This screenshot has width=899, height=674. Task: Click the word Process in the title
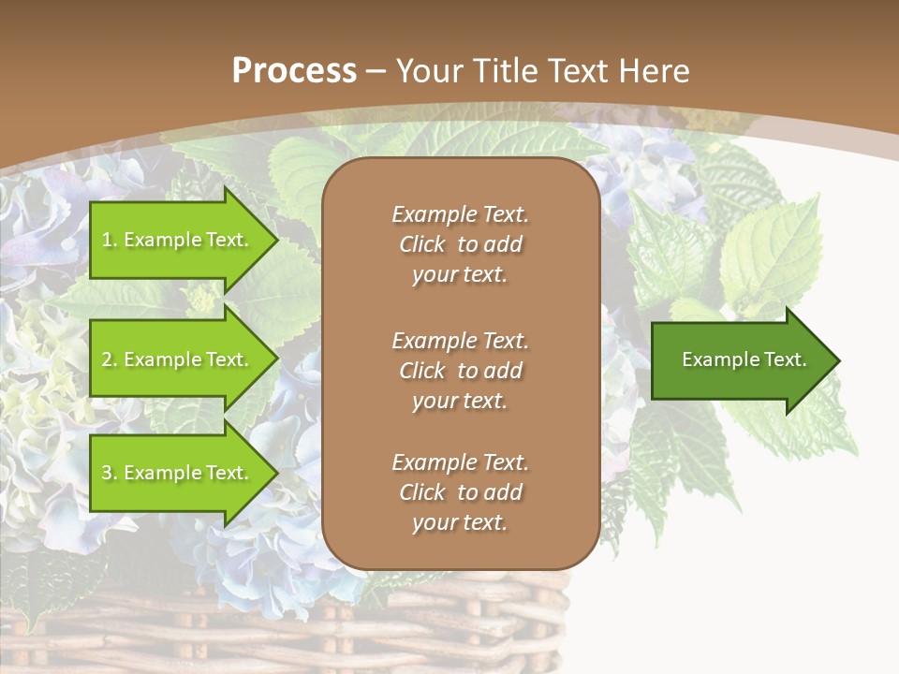click(294, 71)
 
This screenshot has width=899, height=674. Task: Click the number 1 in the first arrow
click(107, 240)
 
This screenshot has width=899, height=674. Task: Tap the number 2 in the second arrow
click(107, 359)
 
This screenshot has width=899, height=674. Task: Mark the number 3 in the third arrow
click(107, 473)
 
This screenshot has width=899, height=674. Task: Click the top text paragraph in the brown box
click(460, 244)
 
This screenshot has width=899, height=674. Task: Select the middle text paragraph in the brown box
click(460, 371)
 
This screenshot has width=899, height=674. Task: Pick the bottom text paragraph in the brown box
click(460, 492)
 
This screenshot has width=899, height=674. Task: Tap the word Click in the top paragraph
click(421, 244)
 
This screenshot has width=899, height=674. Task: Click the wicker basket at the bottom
click(281, 627)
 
